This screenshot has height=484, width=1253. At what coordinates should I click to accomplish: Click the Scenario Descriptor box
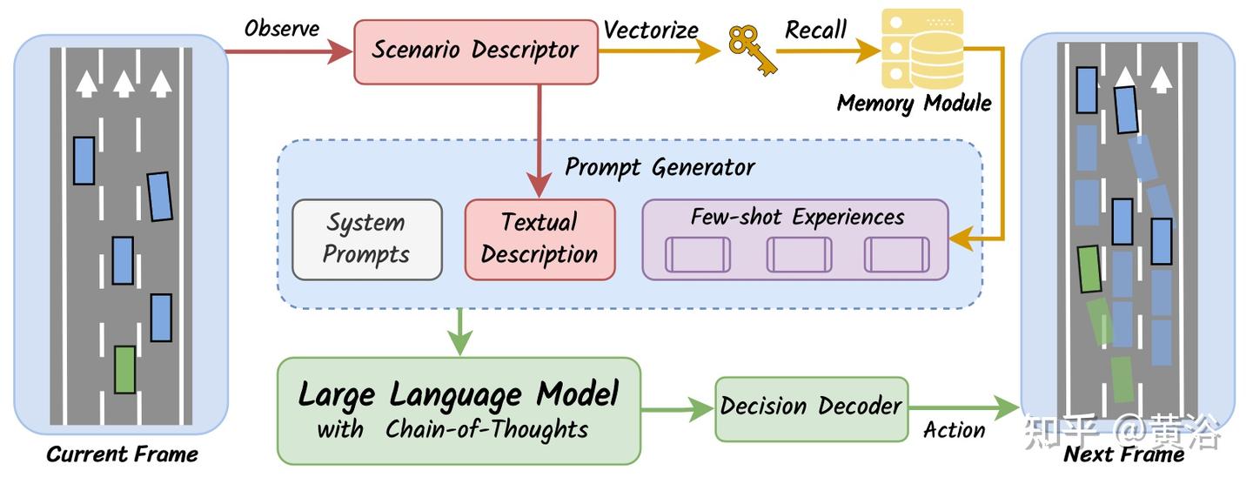coord(476,52)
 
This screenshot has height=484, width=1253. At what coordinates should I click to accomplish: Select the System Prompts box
coord(367,239)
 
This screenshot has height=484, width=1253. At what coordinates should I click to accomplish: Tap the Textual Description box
coord(539,239)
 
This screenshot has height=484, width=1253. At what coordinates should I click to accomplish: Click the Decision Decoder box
coord(811,409)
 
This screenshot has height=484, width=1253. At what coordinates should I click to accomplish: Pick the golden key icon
coord(751,50)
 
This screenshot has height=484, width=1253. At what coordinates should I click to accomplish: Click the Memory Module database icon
coord(921,49)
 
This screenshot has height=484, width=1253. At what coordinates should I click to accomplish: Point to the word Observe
coord(282,29)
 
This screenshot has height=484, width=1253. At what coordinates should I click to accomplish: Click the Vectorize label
coord(651,30)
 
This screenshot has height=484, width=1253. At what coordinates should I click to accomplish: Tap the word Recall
coord(815,30)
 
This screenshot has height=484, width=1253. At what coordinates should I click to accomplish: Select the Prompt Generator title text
coord(660,167)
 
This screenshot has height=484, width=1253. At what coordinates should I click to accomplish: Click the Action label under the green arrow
coord(954,430)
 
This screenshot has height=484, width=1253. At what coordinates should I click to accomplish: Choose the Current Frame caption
coord(122,454)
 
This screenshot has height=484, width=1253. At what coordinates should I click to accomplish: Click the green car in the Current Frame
coord(124,369)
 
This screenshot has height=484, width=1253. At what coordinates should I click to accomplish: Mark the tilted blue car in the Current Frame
coord(159,197)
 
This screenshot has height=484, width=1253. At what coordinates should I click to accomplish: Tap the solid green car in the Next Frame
coord(1089,269)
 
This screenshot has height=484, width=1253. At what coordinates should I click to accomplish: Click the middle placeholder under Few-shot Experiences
coord(799,254)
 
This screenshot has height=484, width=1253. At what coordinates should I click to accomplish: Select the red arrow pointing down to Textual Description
coord(539,141)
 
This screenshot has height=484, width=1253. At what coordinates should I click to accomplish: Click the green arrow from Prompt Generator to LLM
coord(459,332)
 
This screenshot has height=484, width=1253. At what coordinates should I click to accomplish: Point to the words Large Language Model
coord(459,395)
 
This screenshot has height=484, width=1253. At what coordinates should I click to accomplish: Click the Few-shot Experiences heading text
coord(797,217)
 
